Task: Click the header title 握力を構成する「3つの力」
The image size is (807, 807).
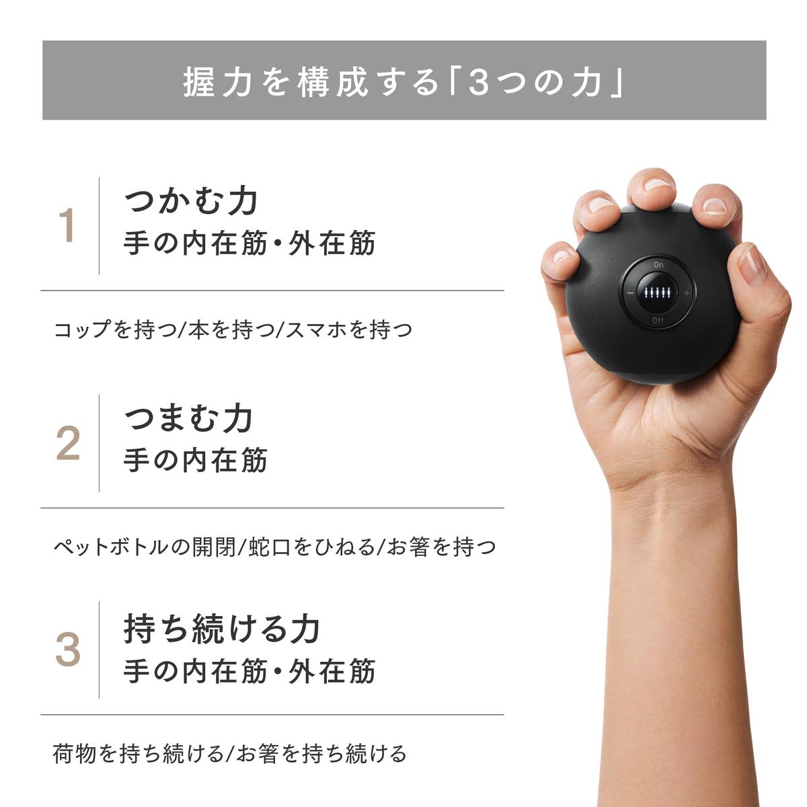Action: [403, 81]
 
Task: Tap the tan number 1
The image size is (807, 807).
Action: [67, 226]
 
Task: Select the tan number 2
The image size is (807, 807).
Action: [68, 444]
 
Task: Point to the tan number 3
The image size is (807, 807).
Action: [68, 650]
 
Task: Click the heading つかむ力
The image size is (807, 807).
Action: [192, 200]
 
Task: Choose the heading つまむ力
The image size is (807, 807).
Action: [189, 418]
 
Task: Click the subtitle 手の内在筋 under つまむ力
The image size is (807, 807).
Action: [196, 461]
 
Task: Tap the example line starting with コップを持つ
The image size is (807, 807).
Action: [233, 330]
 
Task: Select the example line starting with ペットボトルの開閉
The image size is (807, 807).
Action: [274, 547]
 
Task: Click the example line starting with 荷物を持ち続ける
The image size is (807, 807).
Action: [230, 753]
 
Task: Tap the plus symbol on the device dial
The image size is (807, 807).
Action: [687, 293]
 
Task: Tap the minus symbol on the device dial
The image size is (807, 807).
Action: [630, 293]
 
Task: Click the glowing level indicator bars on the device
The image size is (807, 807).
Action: [658, 293]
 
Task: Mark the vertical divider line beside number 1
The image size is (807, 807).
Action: [100, 226]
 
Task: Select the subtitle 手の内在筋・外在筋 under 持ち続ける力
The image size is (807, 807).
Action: [249, 671]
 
